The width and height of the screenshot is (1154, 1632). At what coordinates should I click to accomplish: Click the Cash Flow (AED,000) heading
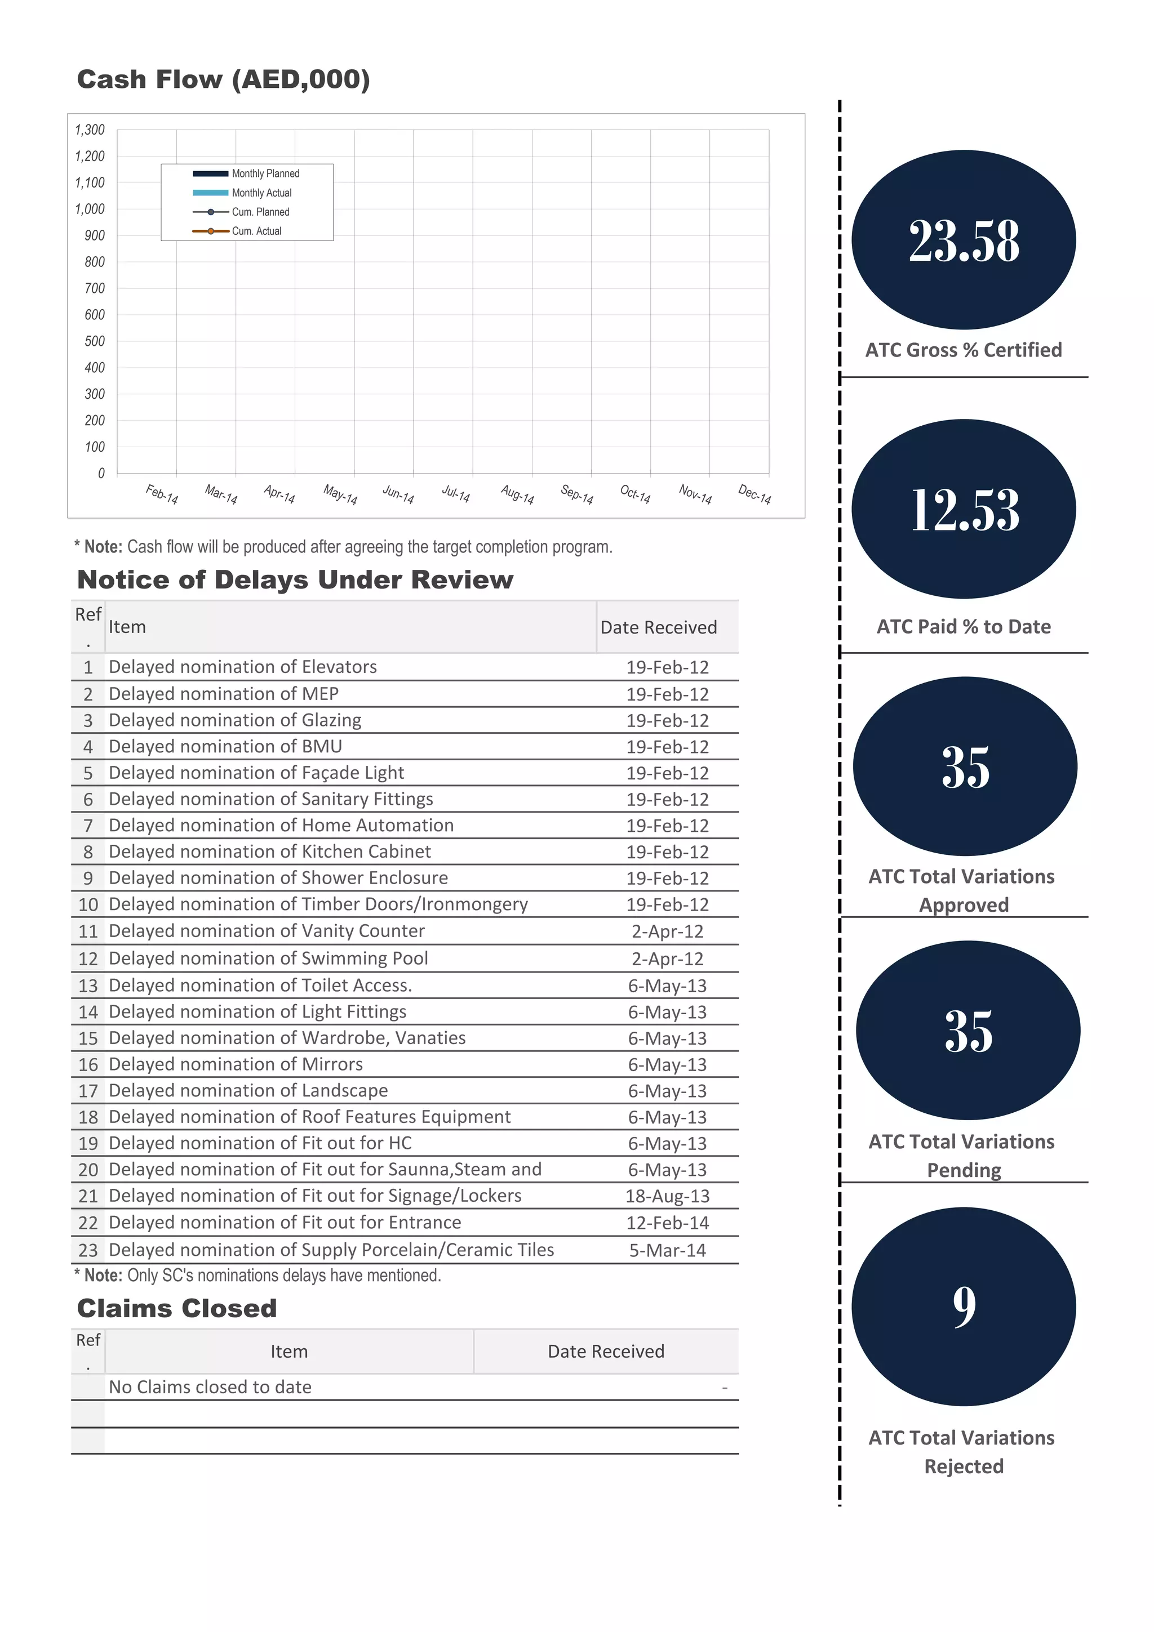pyautogui.click(x=223, y=79)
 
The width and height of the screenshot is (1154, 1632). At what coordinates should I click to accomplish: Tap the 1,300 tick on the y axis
pyautogui.click(x=90, y=130)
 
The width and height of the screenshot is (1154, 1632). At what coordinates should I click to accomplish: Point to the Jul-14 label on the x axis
pyautogui.click(x=456, y=493)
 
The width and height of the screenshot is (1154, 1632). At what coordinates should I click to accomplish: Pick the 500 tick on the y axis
pyautogui.click(x=95, y=341)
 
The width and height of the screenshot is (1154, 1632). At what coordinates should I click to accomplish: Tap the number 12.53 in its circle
pyautogui.click(x=965, y=510)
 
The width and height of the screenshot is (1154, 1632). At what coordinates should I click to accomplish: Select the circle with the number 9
pyautogui.click(x=964, y=1307)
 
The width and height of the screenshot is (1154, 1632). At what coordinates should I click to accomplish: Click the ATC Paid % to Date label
pyautogui.click(x=964, y=626)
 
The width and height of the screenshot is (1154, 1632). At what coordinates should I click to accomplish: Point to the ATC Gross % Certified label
pyautogui.click(x=964, y=350)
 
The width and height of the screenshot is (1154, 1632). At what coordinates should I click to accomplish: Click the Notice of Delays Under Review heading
pyautogui.click(x=295, y=580)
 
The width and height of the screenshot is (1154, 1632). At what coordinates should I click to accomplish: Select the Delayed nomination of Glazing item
pyautogui.click(x=234, y=720)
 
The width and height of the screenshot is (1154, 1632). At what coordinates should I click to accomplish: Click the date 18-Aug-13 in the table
pyautogui.click(x=667, y=1196)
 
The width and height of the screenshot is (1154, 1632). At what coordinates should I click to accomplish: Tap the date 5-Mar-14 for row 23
pyautogui.click(x=667, y=1250)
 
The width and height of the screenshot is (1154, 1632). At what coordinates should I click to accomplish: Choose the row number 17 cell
pyautogui.click(x=88, y=1090)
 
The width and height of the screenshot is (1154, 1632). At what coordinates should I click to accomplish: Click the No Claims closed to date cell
pyautogui.click(x=210, y=1387)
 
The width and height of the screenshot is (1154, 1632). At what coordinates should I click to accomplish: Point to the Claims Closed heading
pyautogui.click(x=177, y=1309)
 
